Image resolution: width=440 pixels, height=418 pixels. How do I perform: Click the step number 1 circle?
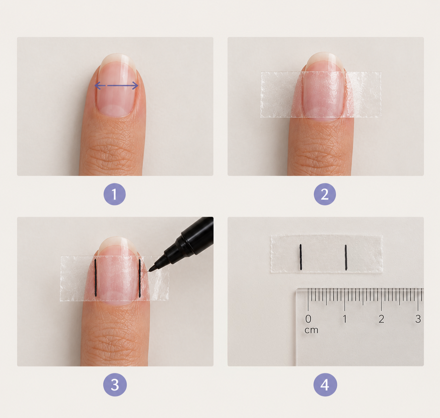coord(114,194)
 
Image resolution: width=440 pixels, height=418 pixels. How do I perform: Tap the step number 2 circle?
coord(325,194)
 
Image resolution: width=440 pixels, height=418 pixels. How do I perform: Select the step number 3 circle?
coord(115,385)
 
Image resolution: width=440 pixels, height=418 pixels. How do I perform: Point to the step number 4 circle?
coord(325,385)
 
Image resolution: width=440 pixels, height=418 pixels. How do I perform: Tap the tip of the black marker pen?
coord(149,271)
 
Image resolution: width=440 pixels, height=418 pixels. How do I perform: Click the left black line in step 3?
coord(95,278)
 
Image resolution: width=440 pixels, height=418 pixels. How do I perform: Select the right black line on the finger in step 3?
coord(140,278)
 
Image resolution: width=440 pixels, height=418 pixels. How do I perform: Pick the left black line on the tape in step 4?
coord(301,257)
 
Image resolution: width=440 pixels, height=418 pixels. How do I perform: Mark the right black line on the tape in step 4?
coord(346,258)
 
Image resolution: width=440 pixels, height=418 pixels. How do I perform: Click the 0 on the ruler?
coord(308,319)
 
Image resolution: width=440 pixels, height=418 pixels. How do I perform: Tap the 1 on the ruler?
coord(345,319)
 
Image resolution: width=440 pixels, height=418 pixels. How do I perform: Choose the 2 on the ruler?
coord(382,319)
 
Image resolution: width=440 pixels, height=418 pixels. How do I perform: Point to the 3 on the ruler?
coord(418,319)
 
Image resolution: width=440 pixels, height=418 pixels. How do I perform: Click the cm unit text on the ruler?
coord(311,330)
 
